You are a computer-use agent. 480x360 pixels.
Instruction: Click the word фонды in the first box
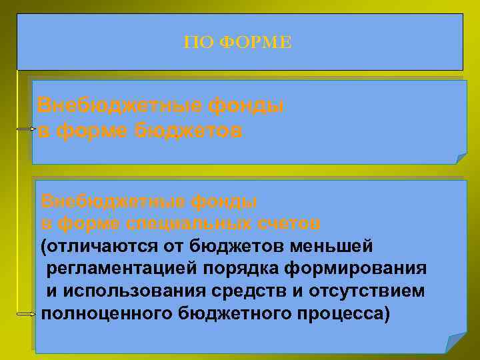pyautogui.click(x=247, y=105)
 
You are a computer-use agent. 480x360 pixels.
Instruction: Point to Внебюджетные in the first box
pyautogui.click(x=119, y=105)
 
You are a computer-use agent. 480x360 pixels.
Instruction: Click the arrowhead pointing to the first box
pyautogui.click(x=29, y=129)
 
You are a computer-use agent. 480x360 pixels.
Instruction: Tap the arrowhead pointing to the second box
pyautogui.click(x=29, y=311)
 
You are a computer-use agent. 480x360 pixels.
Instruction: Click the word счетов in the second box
pyautogui.click(x=287, y=221)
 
